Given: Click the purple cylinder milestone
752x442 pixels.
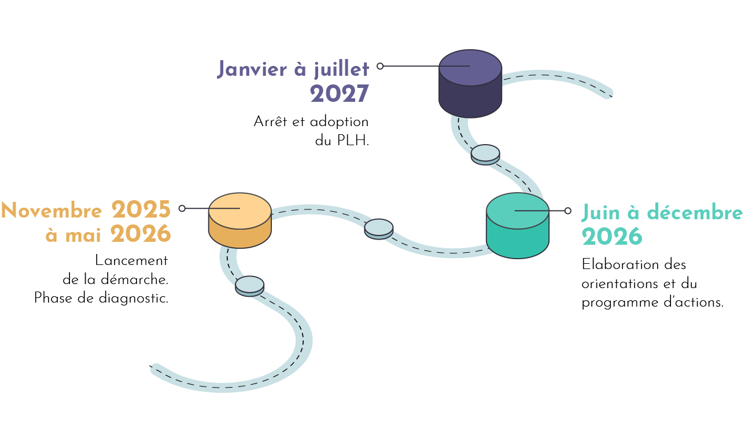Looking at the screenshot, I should (470, 84).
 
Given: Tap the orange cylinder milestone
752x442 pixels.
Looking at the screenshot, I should (239, 220).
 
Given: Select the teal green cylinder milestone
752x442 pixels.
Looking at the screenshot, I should (517, 226).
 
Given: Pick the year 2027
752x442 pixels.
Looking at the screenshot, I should (339, 94).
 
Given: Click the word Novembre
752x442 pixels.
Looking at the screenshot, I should (51, 211).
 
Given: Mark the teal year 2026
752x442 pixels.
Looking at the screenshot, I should (611, 237).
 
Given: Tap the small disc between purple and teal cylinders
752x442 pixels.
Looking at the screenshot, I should (485, 154).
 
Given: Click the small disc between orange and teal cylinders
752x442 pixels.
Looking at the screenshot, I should (379, 229).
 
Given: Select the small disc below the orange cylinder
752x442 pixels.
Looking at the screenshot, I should (250, 286).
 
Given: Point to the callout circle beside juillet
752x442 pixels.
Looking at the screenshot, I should (380, 66).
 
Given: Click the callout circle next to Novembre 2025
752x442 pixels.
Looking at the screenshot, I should (182, 208).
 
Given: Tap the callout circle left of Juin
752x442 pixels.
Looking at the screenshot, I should (567, 211).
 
